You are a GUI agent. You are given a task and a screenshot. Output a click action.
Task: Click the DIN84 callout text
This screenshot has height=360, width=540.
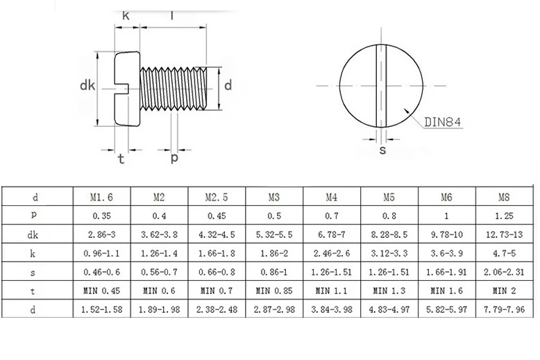pos(442,122)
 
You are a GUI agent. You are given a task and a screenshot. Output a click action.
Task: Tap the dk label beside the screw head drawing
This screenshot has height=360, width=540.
pos(87,85)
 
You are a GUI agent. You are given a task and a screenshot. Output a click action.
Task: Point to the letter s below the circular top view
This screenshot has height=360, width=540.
pos(382,150)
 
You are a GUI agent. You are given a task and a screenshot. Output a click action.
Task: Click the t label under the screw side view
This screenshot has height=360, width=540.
pos(121,159)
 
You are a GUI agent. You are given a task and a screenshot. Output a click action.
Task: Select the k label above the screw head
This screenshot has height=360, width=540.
pos(126,15)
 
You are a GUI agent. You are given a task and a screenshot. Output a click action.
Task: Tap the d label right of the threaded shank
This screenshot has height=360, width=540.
pos(228,85)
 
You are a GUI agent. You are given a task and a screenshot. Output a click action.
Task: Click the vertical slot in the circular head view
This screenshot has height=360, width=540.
pos(381,86)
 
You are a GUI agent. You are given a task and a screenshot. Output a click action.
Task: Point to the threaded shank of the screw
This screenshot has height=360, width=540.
pos(174,89)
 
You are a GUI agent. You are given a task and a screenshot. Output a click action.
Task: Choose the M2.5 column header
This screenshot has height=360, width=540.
pos(217,197)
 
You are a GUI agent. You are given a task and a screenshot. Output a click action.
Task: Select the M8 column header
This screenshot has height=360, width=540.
pos(504,197)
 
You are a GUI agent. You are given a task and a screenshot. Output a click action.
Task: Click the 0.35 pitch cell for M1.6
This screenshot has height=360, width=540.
pos(101,216)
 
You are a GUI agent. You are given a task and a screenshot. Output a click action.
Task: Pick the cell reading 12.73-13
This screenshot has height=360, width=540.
pos(504,234)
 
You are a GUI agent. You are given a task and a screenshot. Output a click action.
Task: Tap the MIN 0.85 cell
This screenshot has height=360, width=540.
pos(274,291)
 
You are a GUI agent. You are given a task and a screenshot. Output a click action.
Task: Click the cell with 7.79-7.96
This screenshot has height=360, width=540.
pos(504,309)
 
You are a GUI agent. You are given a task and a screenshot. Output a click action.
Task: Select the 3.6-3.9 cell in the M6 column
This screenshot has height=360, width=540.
pos(447,253)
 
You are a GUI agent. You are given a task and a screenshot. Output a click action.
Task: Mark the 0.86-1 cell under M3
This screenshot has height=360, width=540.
pos(274,272)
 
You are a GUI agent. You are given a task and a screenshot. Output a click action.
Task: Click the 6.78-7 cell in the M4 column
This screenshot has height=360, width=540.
pos(331,234)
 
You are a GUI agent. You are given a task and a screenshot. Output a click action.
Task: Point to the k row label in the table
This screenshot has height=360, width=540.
pos(33,254)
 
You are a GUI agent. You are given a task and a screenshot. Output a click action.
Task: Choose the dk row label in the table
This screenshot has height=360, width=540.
pos(33,234)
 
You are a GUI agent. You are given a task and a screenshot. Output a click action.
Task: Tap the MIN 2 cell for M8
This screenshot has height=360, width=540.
pos(504,291)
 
